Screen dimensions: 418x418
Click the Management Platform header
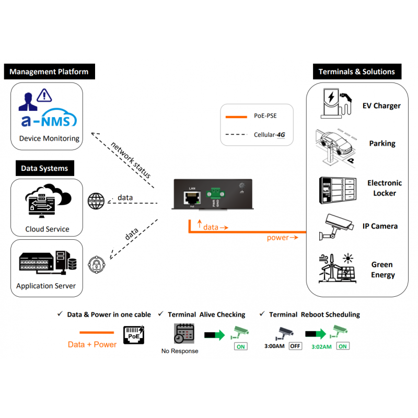[x=49, y=72]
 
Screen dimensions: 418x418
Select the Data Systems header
[x=44, y=168]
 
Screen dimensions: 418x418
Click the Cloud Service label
[x=47, y=229]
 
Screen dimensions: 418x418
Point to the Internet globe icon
[x=96, y=201]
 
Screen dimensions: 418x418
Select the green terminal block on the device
[x=215, y=193]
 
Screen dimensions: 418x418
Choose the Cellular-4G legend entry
[x=256, y=135]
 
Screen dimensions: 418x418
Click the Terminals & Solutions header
[x=356, y=72]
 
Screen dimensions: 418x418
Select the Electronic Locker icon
[x=336, y=189]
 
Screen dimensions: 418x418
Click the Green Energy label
[x=382, y=270]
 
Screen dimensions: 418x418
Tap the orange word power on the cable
[x=277, y=238]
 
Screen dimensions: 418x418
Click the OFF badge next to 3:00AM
[x=295, y=346]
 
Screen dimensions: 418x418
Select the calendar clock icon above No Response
[x=184, y=333]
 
